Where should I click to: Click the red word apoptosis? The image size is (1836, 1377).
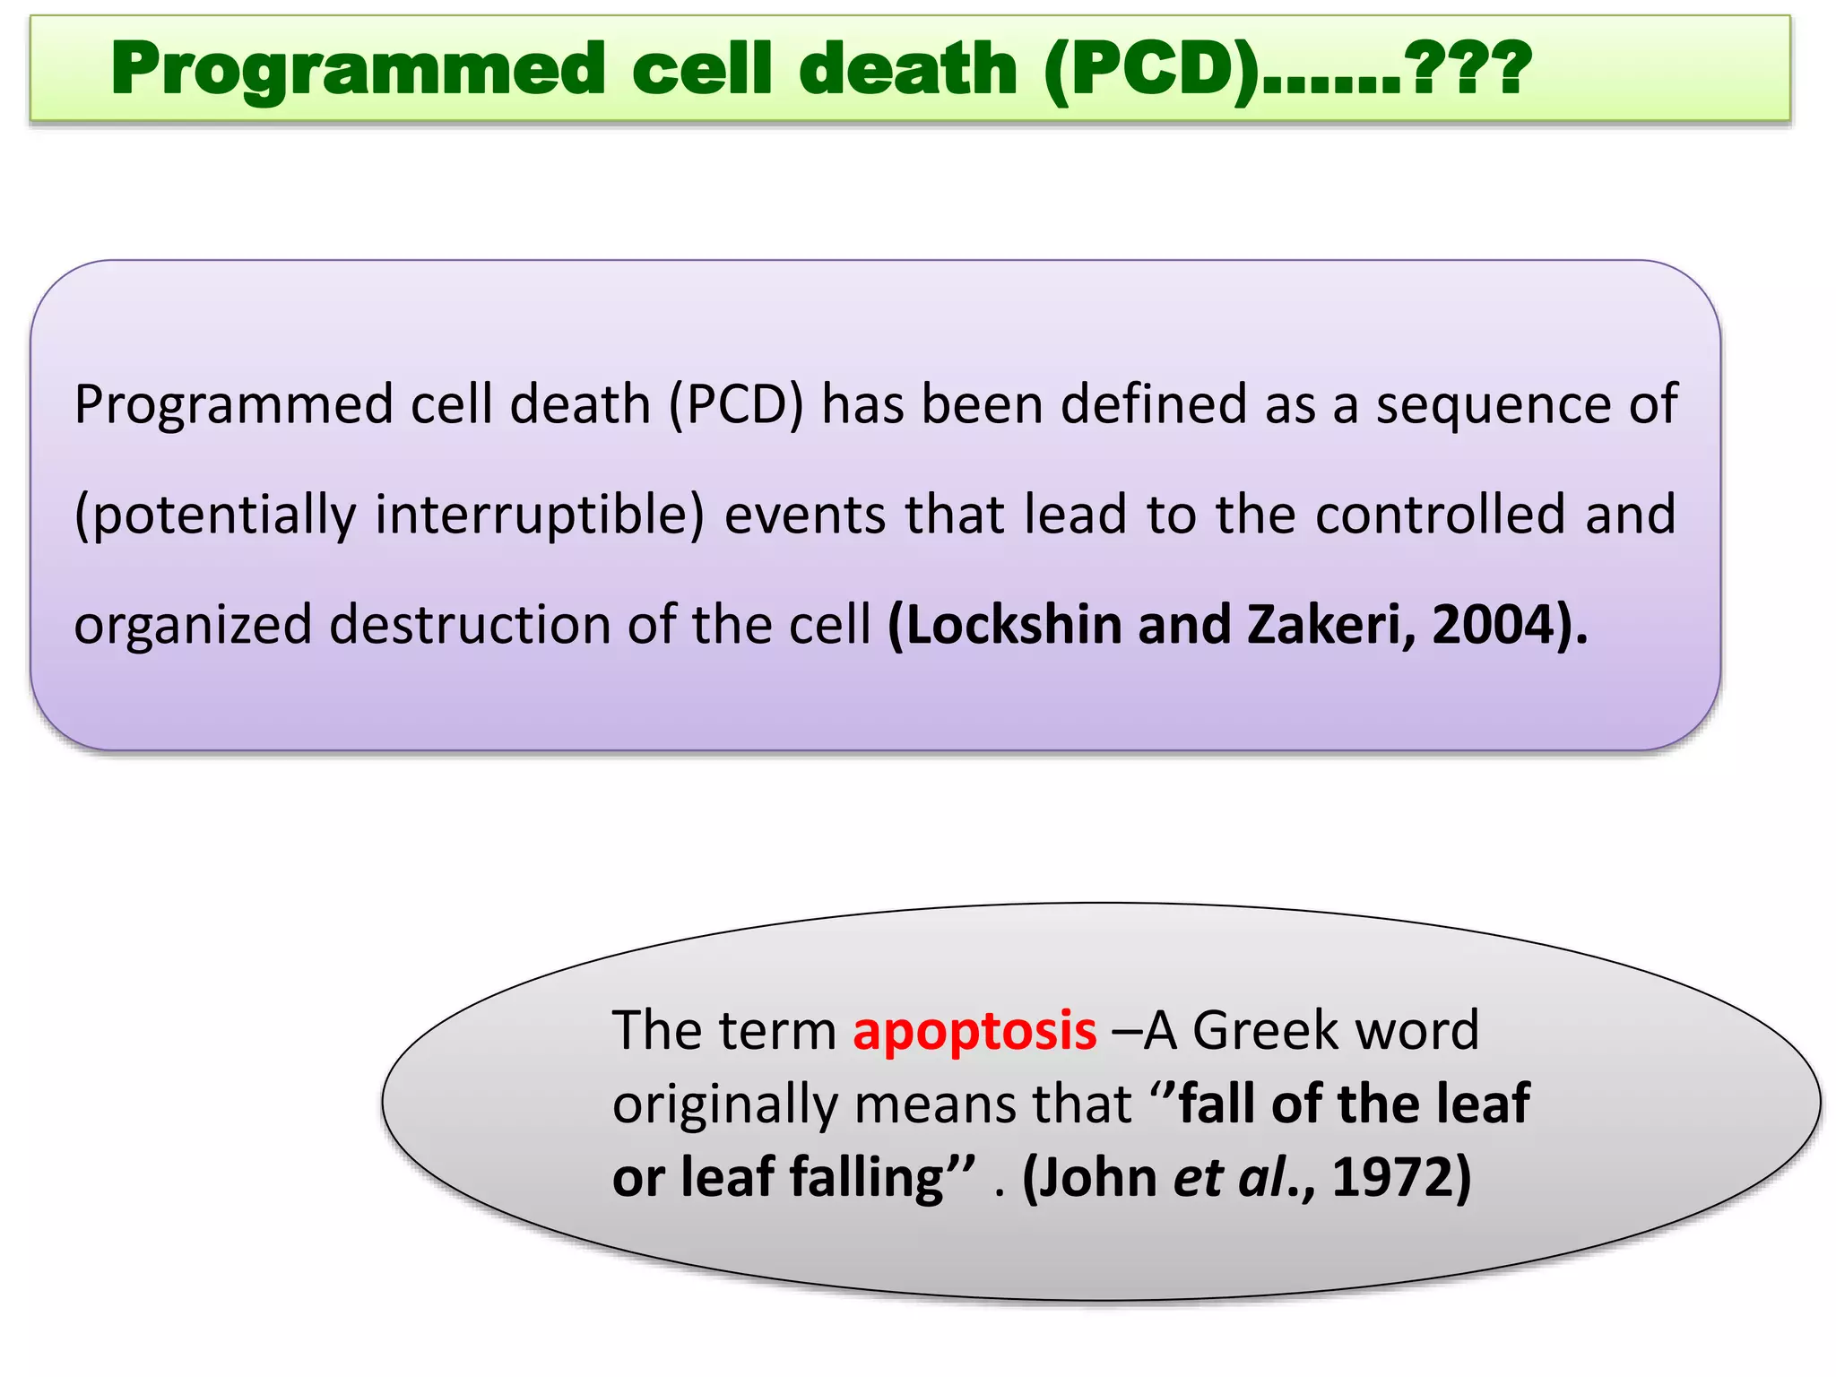974,1031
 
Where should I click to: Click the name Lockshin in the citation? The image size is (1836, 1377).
1013,625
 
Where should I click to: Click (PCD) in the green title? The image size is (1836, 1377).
1151,70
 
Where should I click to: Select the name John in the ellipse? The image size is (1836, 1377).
1098,1177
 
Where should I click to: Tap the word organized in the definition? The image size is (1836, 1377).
193,625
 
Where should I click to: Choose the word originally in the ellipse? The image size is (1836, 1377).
725,1104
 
